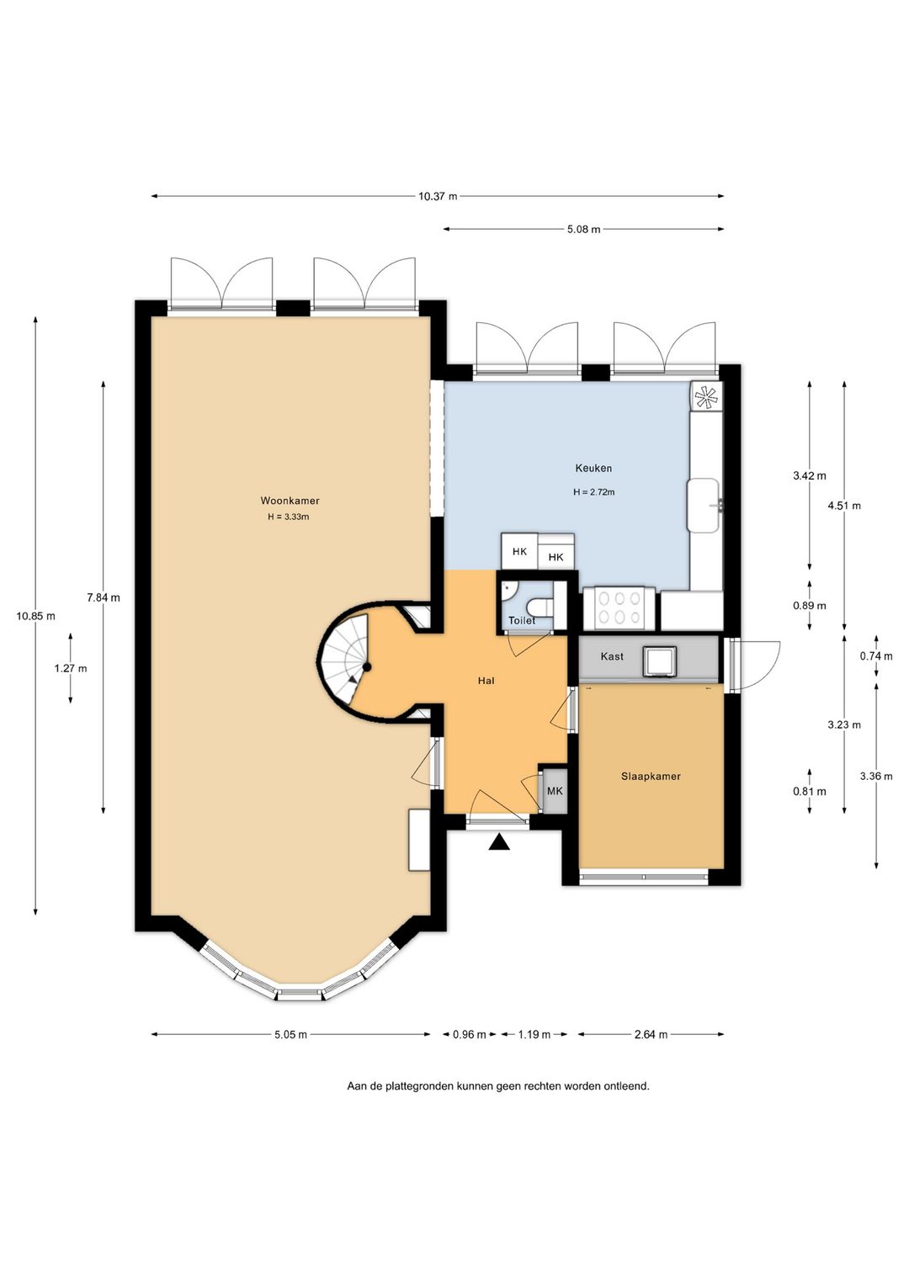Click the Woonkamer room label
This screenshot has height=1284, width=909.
coord(290,501)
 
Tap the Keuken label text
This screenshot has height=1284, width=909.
coord(593,469)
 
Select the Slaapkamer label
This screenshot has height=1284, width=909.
coord(651,776)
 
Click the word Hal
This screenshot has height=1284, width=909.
coord(486,681)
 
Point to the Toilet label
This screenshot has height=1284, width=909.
coord(522,620)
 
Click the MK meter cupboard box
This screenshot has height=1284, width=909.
coord(555,791)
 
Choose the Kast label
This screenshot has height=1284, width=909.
coord(612,656)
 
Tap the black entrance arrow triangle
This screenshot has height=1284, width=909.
coord(499,842)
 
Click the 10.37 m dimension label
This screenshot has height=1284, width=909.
coord(438,196)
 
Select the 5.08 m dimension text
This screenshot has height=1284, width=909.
coord(583,229)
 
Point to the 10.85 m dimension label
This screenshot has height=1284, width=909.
coord(36,616)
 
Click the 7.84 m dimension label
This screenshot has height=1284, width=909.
coord(104,597)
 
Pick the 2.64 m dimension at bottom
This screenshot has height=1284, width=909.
coord(651,1035)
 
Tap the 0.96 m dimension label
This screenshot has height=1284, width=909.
coord(469,1035)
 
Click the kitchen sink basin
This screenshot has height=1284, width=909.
coord(704,506)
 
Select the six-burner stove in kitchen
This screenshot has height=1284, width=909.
coord(619,608)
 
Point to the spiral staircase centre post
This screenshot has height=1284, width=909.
coord(367,666)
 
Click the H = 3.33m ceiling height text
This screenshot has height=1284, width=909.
coord(289,517)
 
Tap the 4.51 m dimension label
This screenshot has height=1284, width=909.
coord(844,506)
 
